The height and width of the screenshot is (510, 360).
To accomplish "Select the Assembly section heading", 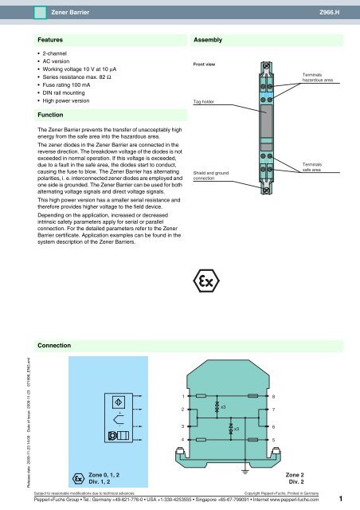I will coord(208,38).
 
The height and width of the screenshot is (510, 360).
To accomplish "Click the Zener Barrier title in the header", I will coord(70,13).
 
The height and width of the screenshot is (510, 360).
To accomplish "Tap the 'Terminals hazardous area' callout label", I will coord(317,76).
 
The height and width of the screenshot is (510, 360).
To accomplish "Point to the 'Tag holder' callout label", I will coord(203,102).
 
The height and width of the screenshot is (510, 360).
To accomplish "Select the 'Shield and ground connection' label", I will coord(209,175).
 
